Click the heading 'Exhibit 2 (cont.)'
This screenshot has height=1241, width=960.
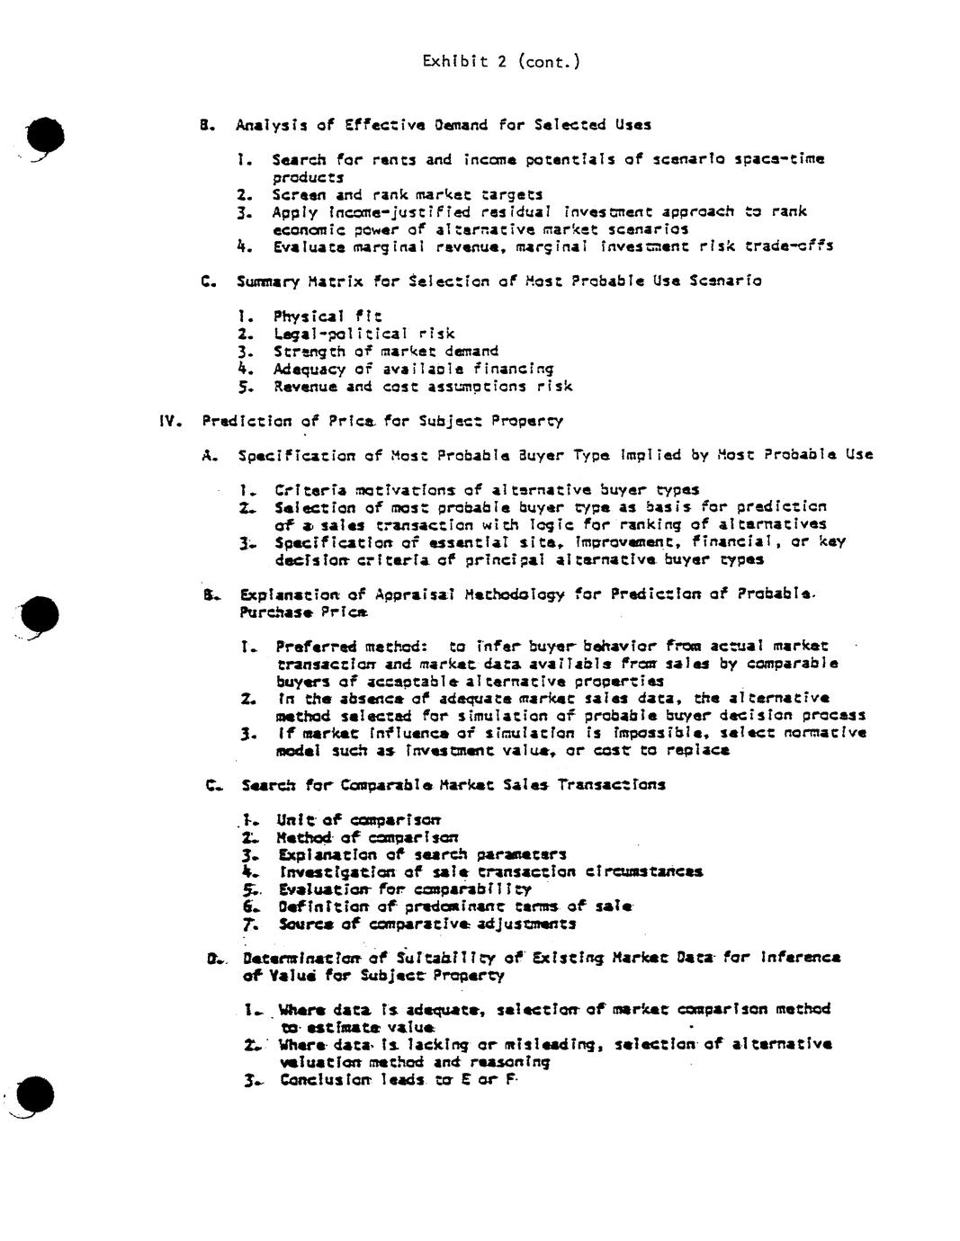[500, 61]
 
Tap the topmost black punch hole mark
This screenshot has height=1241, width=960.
[45, 137]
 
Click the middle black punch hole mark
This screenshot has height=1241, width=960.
[41, 615]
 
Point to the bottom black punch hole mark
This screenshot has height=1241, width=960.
[36, 1094]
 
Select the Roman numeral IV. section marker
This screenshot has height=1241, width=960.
[170, 421]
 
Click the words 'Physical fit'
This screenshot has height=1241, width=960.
[327, 316]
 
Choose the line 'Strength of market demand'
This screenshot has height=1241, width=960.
[385, 351]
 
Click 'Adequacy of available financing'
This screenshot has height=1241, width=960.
[413, 369]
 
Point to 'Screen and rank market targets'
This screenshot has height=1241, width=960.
[408, 194]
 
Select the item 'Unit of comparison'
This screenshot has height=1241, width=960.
[358, 819]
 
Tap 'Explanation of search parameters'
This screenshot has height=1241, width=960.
[421, 854]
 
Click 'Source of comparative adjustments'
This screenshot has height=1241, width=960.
[426, 924]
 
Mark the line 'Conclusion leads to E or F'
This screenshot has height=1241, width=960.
[399, 1079]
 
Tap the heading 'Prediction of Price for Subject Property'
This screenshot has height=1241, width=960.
[382, 421]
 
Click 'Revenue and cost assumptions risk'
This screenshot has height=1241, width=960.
[422, 387]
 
